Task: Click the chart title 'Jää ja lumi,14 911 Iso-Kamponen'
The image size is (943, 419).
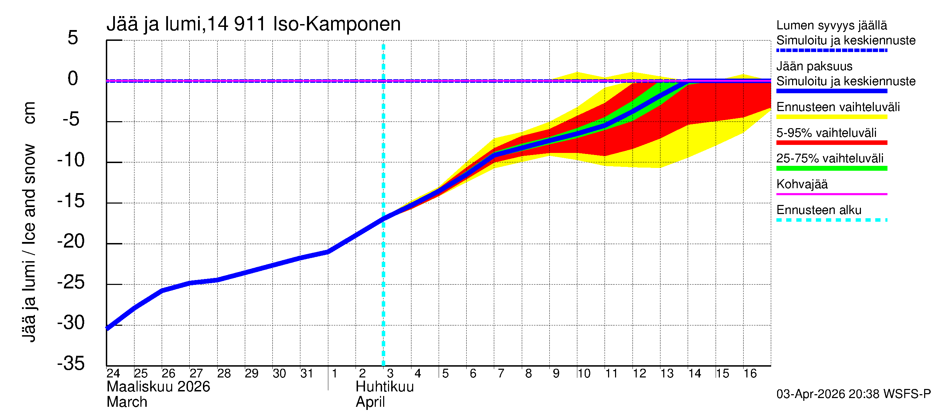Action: pyautogui.click(x=253, y=24)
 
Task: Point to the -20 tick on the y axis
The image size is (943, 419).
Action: pyautogui.click(x=71, y=242)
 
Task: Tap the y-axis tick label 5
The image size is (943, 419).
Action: pyautogui.click(x=73, y=38)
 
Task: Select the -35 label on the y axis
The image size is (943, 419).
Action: pyautogui.click(x=71, y=363)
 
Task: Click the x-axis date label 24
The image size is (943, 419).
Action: pyautogui.click(x=113, y=373)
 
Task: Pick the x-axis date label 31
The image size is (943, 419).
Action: pyautogui.click(x=307, y=373)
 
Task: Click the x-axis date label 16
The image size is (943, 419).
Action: pyautogui.click(x=750, y=373)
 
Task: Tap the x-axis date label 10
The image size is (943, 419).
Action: pyautogui.click(x=584, y=373)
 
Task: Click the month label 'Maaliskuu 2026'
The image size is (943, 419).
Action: pyautogui.click(x=158, y=387)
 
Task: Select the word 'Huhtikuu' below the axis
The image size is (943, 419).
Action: pyautogui.click(x=385, y=387)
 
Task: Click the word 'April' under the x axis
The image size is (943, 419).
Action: pyautogui.click(x=370, y=402)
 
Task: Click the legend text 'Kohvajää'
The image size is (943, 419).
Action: pyautogui.click(x=802, y=184)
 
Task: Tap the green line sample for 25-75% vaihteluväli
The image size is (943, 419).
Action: pyautogui.click(x=831, y=168)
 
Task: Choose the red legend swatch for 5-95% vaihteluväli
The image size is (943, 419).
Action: pyautogui.click(x=831, y=143)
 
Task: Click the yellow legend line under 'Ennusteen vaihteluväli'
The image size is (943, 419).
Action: pyautogui.click(x=831, y=117)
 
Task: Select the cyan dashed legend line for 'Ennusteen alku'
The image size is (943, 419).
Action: pyautogui.click(x=831, y=220)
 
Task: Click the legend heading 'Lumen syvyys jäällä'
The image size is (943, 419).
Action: pyautogui.click(x=831, y=25)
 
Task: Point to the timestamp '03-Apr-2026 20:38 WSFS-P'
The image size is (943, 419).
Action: pyautogui.click(x=853, y=394)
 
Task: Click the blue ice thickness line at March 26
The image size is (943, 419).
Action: pyautogui.click(x=162, y=291)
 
